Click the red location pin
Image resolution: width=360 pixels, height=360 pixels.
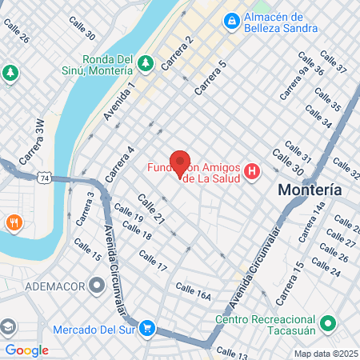click(x=180, y=162)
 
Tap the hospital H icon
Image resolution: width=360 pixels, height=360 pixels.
click(x=253, y=171)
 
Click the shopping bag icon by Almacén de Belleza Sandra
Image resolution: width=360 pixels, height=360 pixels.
click(x=232, y=19)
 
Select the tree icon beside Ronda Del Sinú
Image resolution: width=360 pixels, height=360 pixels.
click(x=145, y=62)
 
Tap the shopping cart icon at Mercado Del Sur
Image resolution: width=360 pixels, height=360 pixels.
click(x=146, y=327)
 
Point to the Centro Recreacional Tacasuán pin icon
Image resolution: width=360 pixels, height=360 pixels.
click(x=327, y=324)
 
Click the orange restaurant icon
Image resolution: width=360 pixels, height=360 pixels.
click(x=13, y=222)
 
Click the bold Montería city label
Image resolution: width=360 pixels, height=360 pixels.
click(x=310, y=190)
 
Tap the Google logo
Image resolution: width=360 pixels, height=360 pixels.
click(x=26, y=350)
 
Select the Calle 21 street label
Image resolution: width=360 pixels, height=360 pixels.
click(x=150, y=208)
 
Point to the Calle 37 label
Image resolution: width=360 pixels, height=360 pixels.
click(x=334, y=65)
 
